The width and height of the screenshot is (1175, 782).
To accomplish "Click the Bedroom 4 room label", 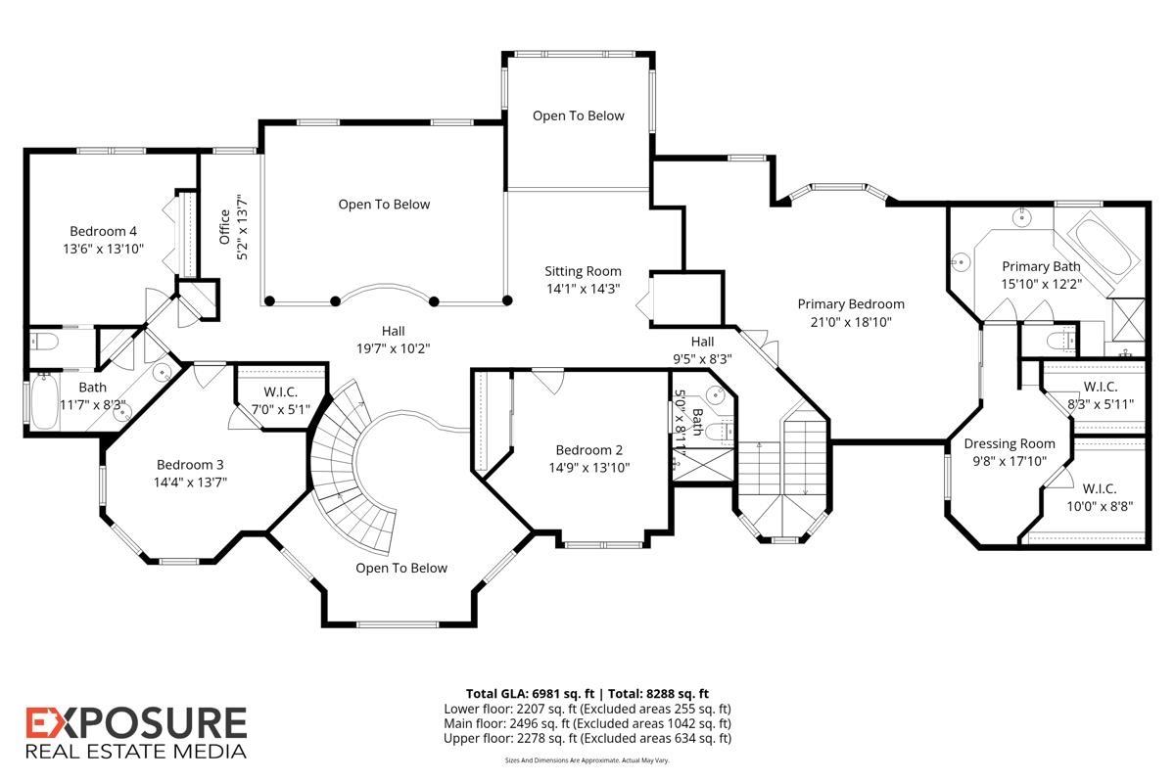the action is pyautogui.click(x=104, y=231).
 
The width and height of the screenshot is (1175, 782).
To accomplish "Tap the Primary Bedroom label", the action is pyautogui.click(x=851, y=304).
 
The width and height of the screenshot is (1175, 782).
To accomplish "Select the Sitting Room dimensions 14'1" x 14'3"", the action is pyautogui.click(x=584, y=289).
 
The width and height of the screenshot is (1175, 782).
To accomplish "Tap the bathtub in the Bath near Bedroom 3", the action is pyautogui.click(x=44, y=401).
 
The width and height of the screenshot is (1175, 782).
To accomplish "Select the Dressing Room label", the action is pyautogui.click(x=1010, y=443).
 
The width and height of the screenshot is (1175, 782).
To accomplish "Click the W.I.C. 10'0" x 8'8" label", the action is pyautogui.click(x=1100, y=497).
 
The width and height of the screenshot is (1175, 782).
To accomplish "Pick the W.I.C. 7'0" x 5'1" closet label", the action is pyautogui.click(x=281, y=400).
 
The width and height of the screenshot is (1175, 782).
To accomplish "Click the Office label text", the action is pyautogui.click(x=224, y=227).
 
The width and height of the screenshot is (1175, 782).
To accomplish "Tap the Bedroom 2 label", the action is pyautogui.click(x=589, y=450).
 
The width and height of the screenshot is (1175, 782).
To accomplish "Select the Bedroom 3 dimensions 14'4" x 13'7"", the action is pyautogui.click(x=190, y=482).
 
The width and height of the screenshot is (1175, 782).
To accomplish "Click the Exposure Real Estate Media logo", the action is pyautogui.click(x=136, y=733).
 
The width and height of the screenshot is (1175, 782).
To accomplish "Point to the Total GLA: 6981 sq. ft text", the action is pyautogui.click(x=530, y=694).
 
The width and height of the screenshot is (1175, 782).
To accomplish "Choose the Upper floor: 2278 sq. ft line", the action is pyautogui.click(x=587, y=739).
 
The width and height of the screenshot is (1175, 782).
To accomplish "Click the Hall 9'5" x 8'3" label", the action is pyautogui.click(x=702, y=350).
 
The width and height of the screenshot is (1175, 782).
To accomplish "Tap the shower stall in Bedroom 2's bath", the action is pyautogui.click(x=703, y=465).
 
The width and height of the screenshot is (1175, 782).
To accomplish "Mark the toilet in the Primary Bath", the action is pyautogui.click(x=1060, y=342).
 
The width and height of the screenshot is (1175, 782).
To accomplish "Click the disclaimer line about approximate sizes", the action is pyautogui.click(x=587, y=760).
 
